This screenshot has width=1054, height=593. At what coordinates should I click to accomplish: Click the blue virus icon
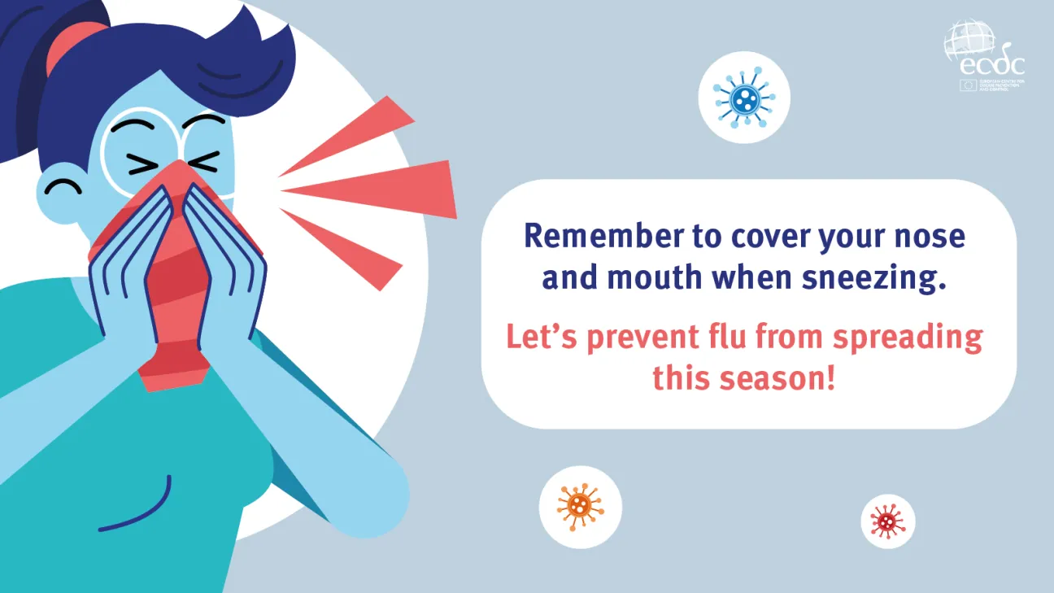744,98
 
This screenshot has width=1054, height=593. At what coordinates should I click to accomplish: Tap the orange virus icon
580,507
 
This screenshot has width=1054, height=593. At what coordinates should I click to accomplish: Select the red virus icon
887,521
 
